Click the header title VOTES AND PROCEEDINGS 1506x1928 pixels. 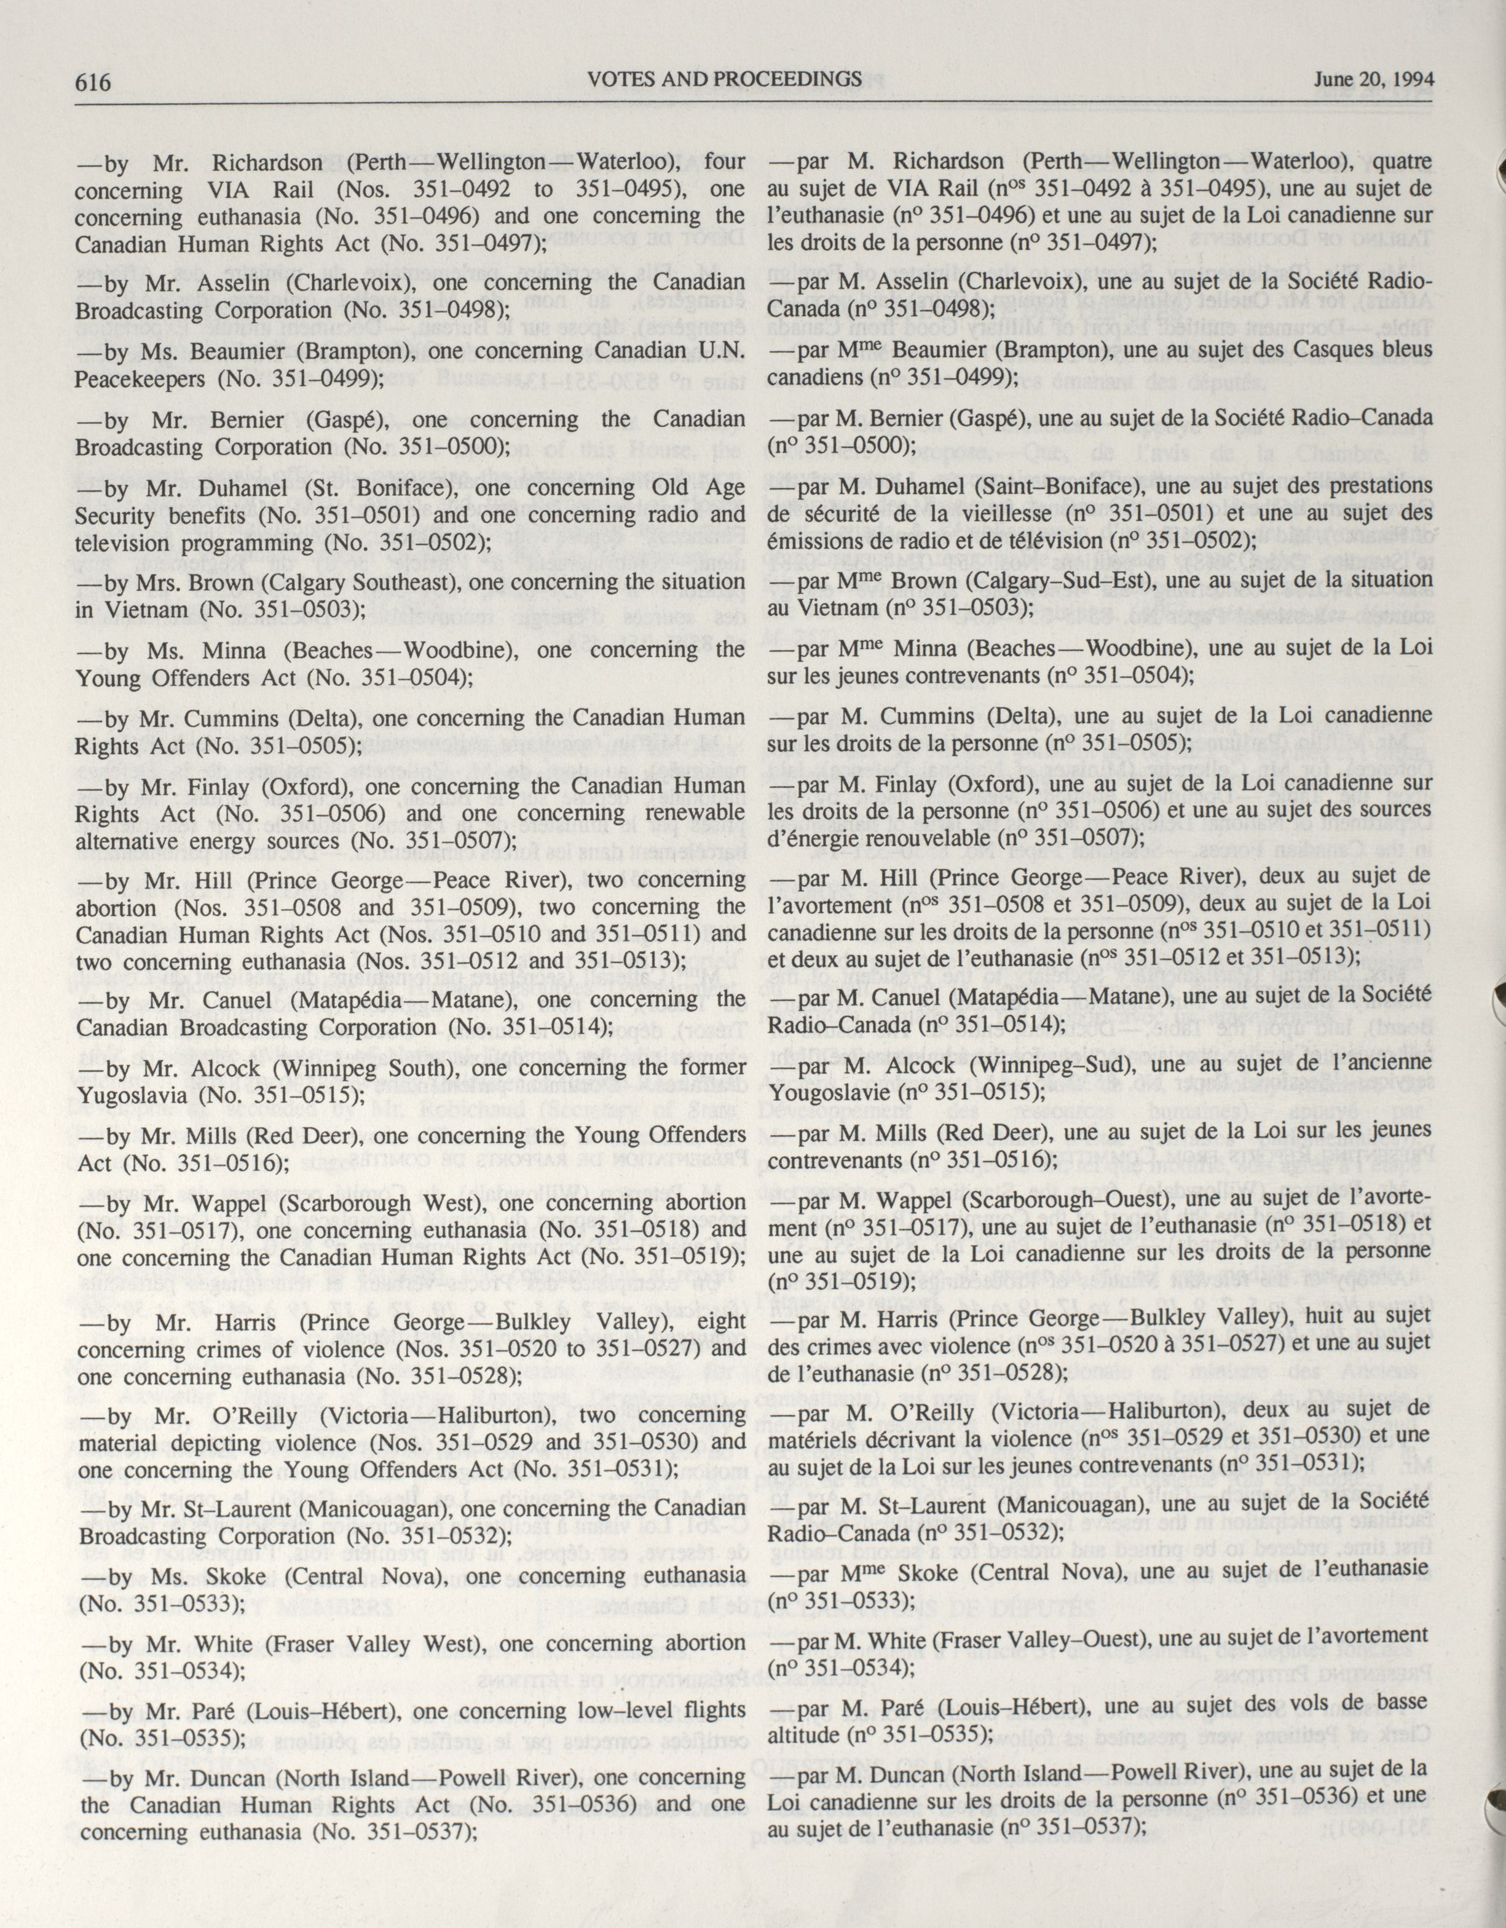tap(724, 81)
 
